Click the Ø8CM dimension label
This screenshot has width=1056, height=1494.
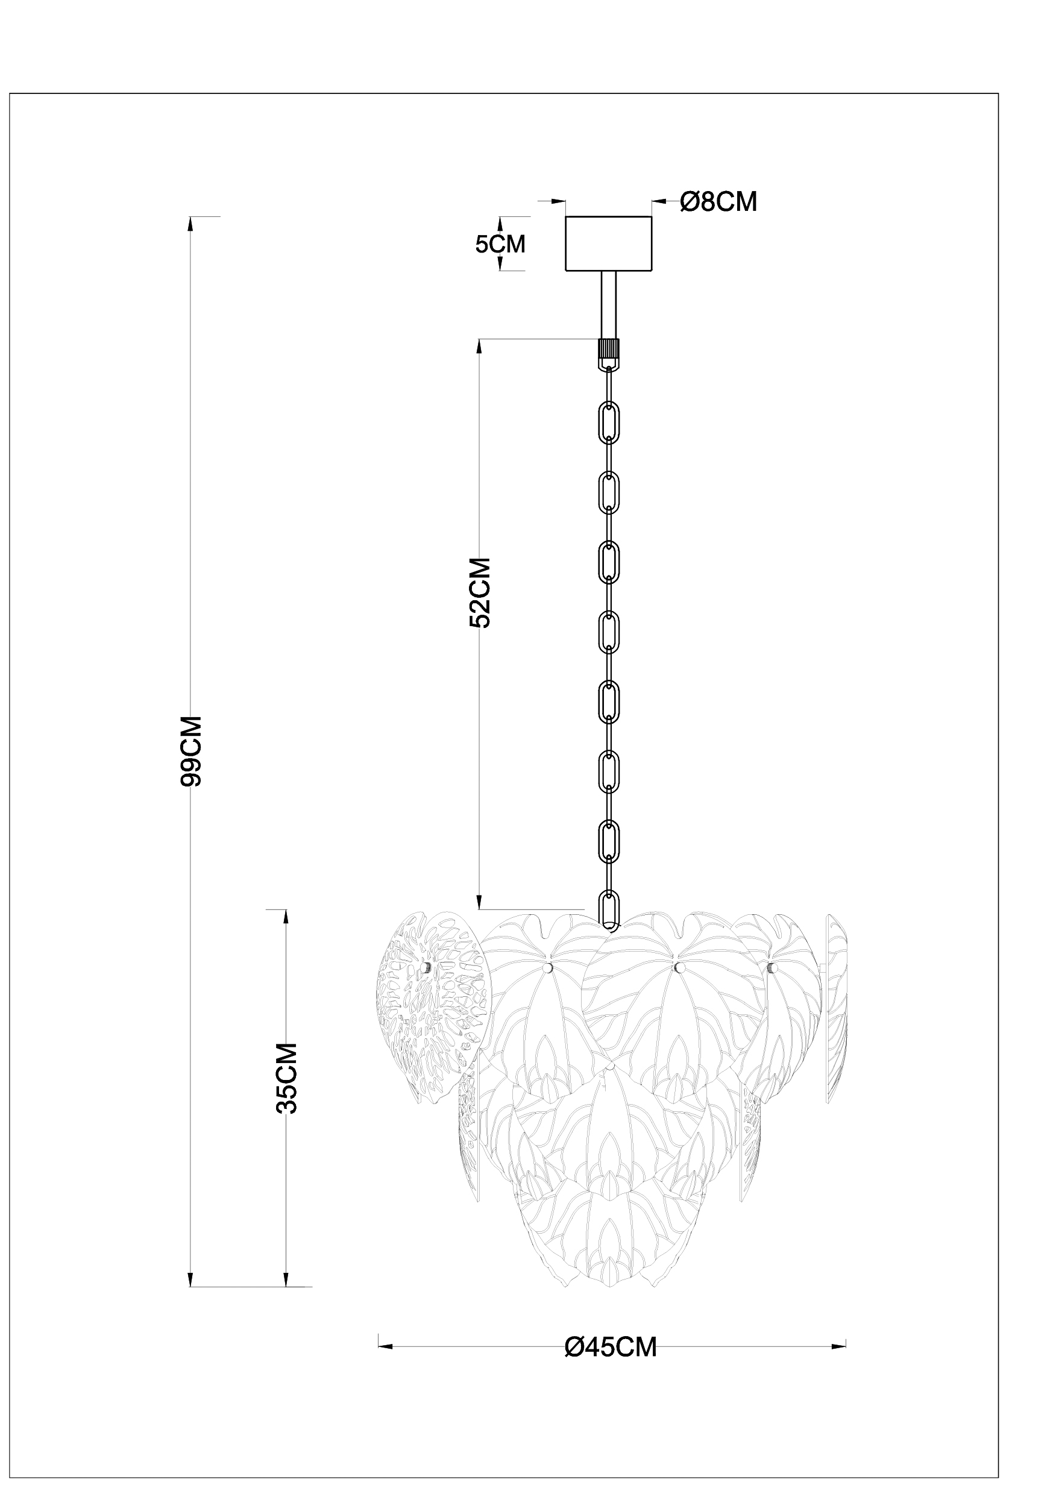coord(718,202)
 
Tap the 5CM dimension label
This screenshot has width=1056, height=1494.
coord(500,244)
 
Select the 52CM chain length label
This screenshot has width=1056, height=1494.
coord(480,592)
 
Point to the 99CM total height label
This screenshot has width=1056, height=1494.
coord(191,752)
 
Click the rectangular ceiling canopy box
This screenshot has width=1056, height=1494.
coord(608,243)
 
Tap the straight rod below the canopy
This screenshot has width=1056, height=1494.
coord(608,304)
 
